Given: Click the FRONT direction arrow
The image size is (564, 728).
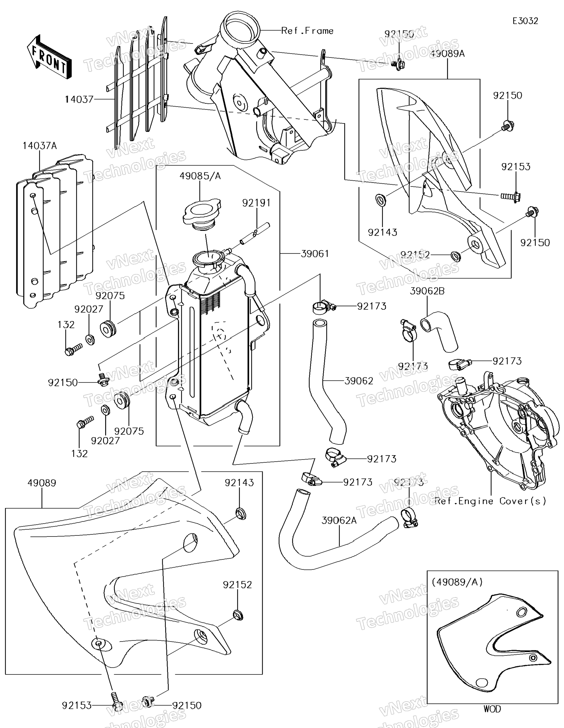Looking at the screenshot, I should point(49,57).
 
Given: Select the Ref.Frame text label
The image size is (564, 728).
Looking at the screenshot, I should point(307,31).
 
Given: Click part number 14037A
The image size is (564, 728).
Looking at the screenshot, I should point(40,146).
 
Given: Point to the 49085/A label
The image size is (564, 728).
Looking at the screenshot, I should point(200,176).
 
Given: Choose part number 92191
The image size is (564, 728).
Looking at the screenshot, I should point(256,203).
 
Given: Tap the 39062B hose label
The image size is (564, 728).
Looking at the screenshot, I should point(427,291).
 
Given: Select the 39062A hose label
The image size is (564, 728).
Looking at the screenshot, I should point(339,520).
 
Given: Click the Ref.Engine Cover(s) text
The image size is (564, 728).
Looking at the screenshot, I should point(490,501).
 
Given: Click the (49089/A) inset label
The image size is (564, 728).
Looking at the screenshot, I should point(457,582).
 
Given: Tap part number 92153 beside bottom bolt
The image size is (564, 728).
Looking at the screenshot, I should point(76,706).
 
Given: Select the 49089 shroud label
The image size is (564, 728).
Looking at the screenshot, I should point(42,483).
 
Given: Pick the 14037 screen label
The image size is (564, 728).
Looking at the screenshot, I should point(79,99).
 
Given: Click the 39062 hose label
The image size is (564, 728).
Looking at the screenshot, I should point(359,381).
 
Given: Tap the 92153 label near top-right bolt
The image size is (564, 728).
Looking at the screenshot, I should point(516,167).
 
